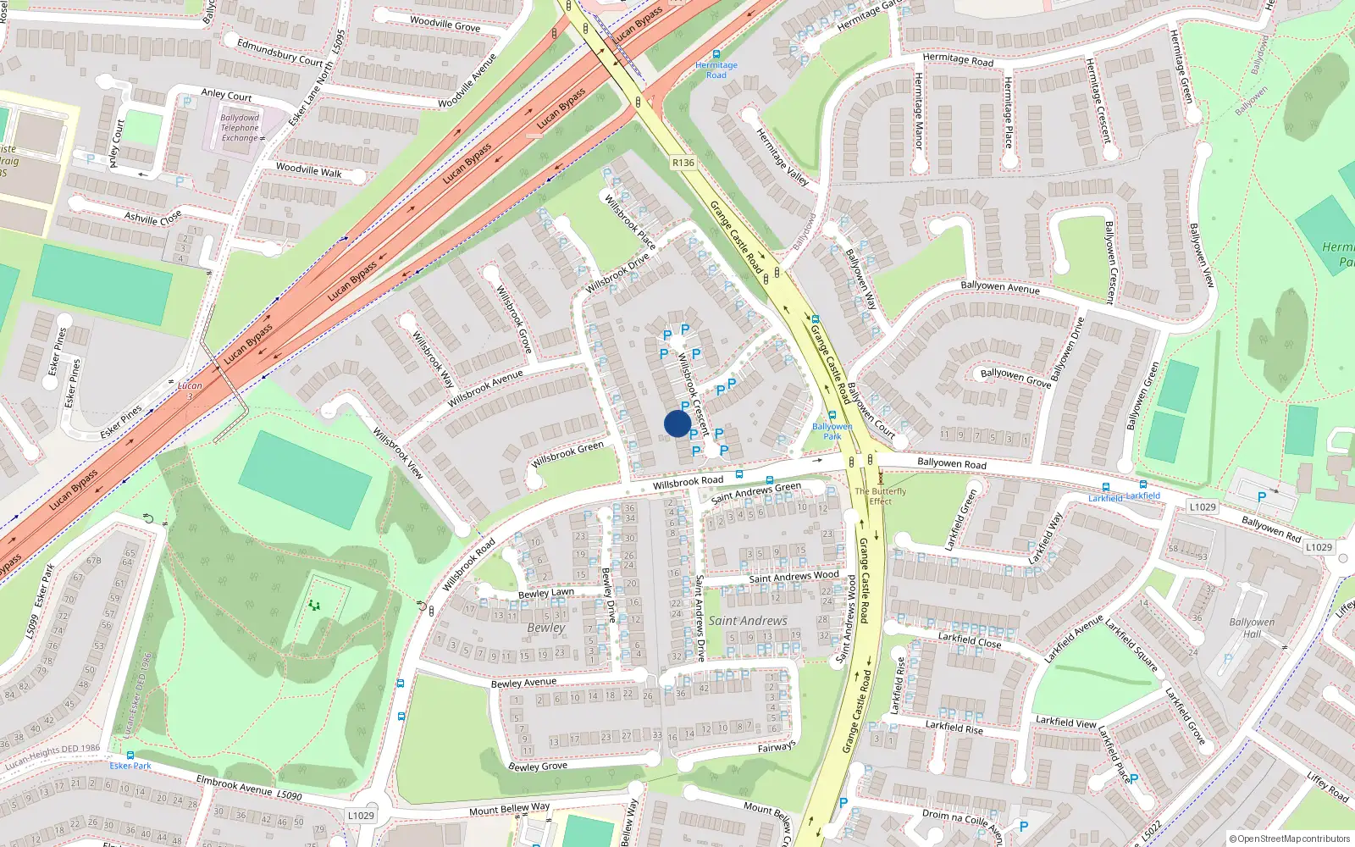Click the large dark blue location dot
coord(677,423)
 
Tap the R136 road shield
coord(683,163)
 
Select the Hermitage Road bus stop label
coord(716,69)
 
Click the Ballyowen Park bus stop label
coord(832,431)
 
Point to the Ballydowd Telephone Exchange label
coord(240,128)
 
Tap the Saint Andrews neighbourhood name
coord(748,621)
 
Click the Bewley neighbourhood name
coord(545,628)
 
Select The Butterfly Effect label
coord(881,495)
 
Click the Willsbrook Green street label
coord(567,454)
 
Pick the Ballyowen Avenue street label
coord(999,287)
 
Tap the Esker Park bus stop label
coord(130,766)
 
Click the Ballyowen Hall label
coord(1252,628)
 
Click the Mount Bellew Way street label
coord(510,809)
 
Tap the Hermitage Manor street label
coord(919,110)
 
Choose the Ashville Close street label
coord(152,218)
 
